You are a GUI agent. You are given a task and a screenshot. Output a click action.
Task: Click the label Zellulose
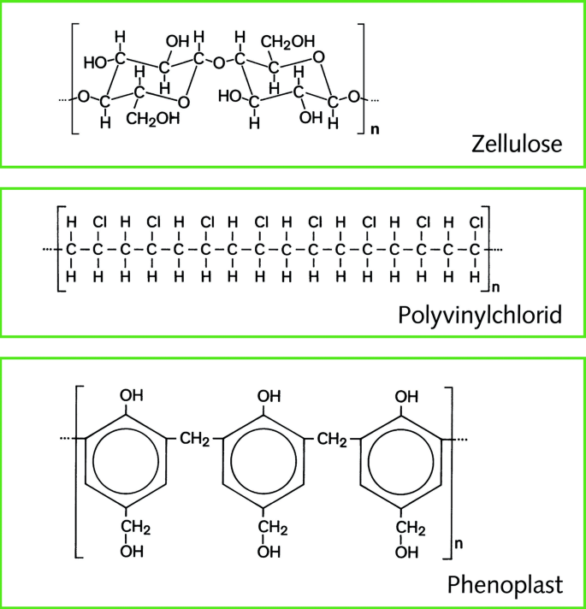[516, 143]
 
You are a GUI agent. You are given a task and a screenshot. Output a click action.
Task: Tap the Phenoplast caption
[505, 586]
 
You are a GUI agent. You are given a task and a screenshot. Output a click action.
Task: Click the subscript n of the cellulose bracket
[374, 133]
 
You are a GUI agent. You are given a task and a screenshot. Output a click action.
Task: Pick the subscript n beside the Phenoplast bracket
[459, 542]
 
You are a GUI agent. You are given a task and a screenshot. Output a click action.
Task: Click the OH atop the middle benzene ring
[269, 396]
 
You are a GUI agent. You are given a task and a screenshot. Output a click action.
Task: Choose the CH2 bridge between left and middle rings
[195, 440]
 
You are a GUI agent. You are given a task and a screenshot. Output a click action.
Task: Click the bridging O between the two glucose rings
[218, 62]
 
